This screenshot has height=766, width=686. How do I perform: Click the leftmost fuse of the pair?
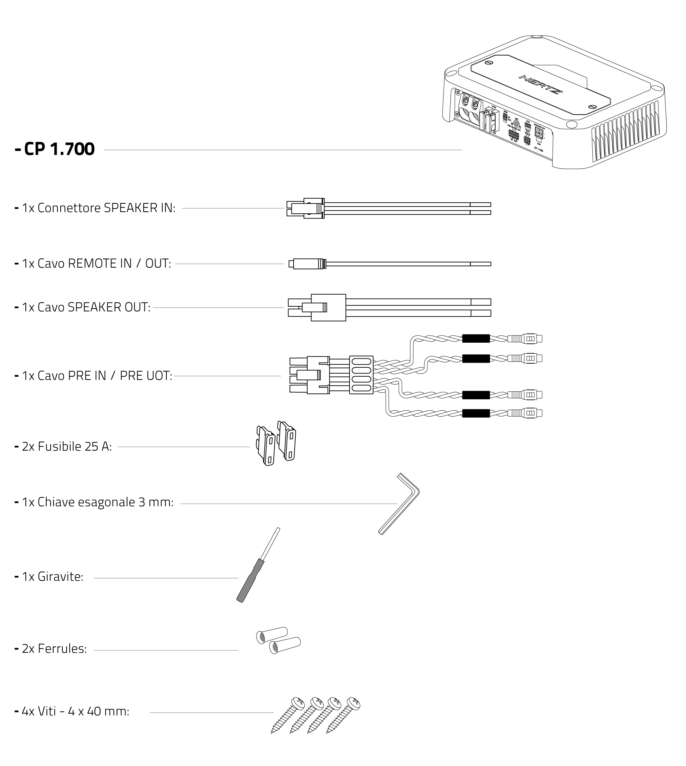click(x=266, y=446)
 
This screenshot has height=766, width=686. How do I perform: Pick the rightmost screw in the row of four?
click(x=344, y=713)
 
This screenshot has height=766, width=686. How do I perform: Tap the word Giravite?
click(x=60, y=577)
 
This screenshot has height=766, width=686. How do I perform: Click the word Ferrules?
click(x=62, y=649)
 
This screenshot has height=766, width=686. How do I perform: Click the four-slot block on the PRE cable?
click(x=361, y=375)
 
